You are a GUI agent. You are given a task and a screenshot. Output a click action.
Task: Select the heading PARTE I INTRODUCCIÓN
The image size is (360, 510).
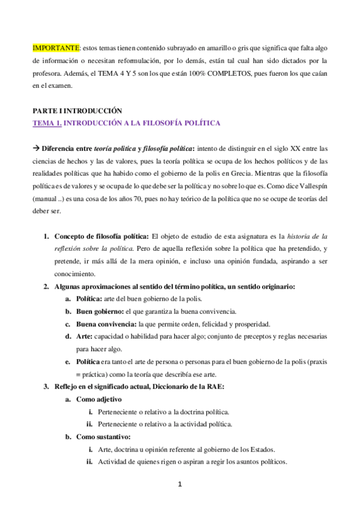pyautogui.click(x=78, y=111)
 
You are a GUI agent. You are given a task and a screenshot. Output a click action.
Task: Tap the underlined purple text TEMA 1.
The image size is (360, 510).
pyautogui.click(x=46, y=123)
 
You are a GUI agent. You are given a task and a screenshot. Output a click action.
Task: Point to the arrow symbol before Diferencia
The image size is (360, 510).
pyautogui.click(x=35, y=149)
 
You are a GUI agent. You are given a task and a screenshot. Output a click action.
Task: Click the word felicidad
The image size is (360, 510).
pyautogui.click(x=219, y=324)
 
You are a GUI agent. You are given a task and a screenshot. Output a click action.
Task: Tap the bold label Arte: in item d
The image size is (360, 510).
pyautogui.click(x=85, y=336)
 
